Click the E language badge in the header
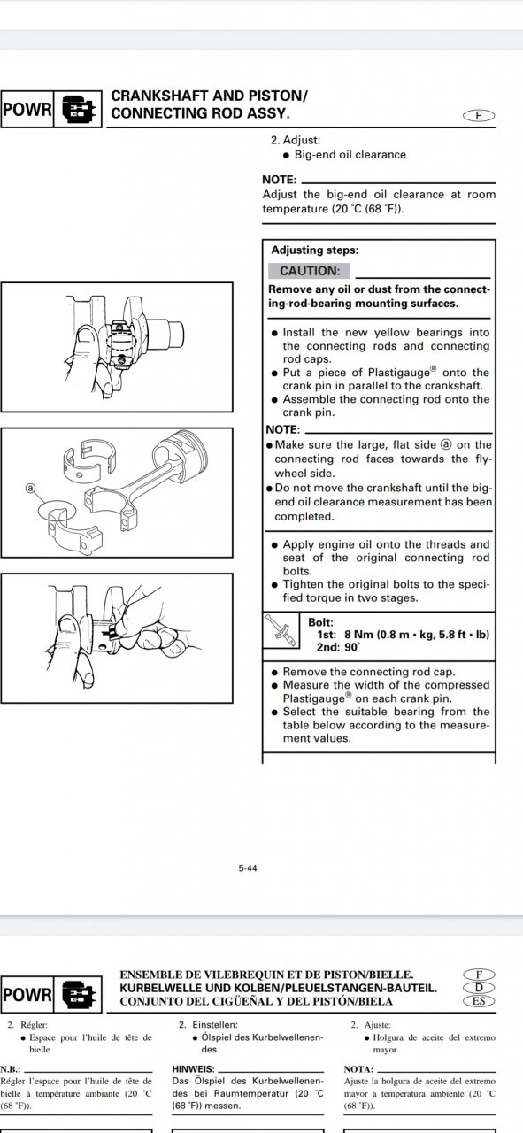(479, 116)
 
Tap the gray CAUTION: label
(309, 271)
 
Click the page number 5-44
(248, 868)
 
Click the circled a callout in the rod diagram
(31, 488)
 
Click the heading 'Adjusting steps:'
(315, 250)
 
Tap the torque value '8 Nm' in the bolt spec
(358, 635)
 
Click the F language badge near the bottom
(479, 975)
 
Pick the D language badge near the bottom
(479, 987)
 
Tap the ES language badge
(479, 1000)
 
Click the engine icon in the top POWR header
(79, 109)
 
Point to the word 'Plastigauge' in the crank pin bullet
(399, 373)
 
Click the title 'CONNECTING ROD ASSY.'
(201, 113)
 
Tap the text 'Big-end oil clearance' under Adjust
(350, 155)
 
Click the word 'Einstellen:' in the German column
(215, 1025)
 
